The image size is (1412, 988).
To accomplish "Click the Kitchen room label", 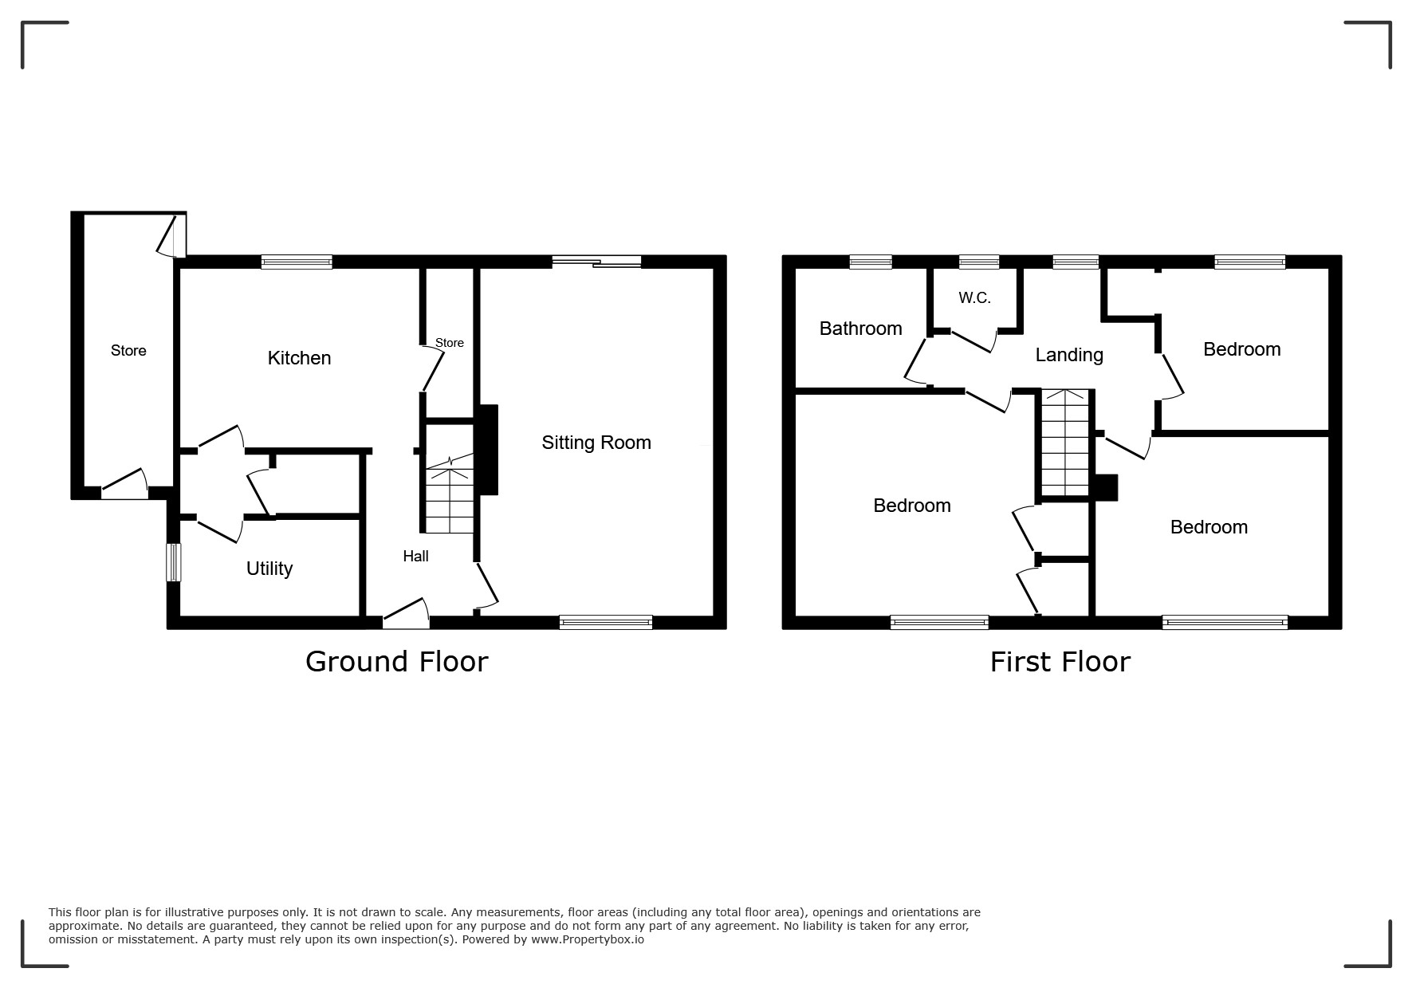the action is tap(299, 358).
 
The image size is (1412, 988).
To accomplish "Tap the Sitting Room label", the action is tap(596, 443).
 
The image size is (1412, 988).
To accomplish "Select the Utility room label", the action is tap(269, 569).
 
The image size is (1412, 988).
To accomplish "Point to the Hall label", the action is tap(415, 557).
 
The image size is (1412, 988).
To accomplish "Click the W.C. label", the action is tap(974, 298).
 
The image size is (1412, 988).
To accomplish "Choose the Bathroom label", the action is tap(861, 329).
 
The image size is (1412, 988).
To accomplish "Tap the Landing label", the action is tap(1069, 356).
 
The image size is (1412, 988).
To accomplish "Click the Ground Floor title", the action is tap(396, 662).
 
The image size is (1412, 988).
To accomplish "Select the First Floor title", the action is tap(1060, 662).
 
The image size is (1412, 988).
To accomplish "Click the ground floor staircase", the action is tap(450, 494).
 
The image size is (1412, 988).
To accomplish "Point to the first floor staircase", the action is tap(1065, 442).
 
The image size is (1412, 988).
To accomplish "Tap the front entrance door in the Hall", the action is tap(406, 615).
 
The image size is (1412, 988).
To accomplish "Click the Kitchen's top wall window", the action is tap(297, 262).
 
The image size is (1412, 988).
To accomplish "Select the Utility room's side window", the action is tap(173, 562).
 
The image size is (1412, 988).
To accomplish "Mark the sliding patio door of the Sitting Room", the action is tap(596, 261).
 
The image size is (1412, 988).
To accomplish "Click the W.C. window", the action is tap(979, 262).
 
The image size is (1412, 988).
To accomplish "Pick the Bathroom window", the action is tap(871, 262).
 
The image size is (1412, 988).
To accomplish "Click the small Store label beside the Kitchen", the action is tap(450, 343).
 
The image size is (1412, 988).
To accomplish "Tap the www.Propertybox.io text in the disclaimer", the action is tap(588, 939).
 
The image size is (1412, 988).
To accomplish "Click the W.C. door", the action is tap(973, 340).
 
